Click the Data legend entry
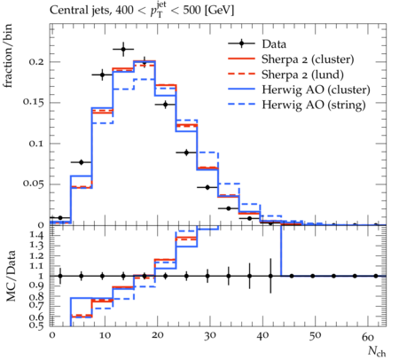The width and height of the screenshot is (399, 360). pyautogui.click(x=274, y=44)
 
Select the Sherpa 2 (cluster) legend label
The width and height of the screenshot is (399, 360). pyautogui.click(x=308, y=59)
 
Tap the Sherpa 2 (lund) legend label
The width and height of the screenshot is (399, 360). pyautogui.click(x=302, y=74)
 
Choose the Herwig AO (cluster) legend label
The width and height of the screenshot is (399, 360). pyautogui.click(x=316, y=90)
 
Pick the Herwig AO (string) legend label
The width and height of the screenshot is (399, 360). pyautogui.click(x=314, y=105)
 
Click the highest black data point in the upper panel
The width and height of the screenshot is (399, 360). pyautogui.click(x=123, y=50)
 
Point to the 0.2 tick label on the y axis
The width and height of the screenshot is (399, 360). pyautogui.click(x=36, y=62)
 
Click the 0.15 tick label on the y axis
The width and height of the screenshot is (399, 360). pyautogui.click(x=34, y=103)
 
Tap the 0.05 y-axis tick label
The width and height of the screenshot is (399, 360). pyautogui.click(x=34, y=184)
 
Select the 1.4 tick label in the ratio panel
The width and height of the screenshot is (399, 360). pyautogui.click(x=37, y=235)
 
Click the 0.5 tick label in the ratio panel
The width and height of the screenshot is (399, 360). pyautogui.click(x=37, y=325)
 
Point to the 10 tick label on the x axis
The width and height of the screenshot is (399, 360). pyautogui.click(x=105, y=336)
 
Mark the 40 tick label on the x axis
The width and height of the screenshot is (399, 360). pyautogui.click(x=262, y=336)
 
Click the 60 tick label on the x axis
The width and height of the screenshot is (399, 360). pyautogui.click(x=368, y=337)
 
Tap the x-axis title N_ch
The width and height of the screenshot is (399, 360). pyautogui.click(x=377, y=351)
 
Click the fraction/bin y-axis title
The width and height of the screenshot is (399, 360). pyautogui.click(x=8, y=56)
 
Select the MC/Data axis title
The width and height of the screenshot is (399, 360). pyautogui.click(x=11, y=277)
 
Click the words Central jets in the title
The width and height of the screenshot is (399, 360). pyautogui.click(x=79, y=11)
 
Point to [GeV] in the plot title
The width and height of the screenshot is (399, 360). pyautogui.click(x=218, y=11)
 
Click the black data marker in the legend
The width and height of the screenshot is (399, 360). pyautogui.click(x=241, y=43)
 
